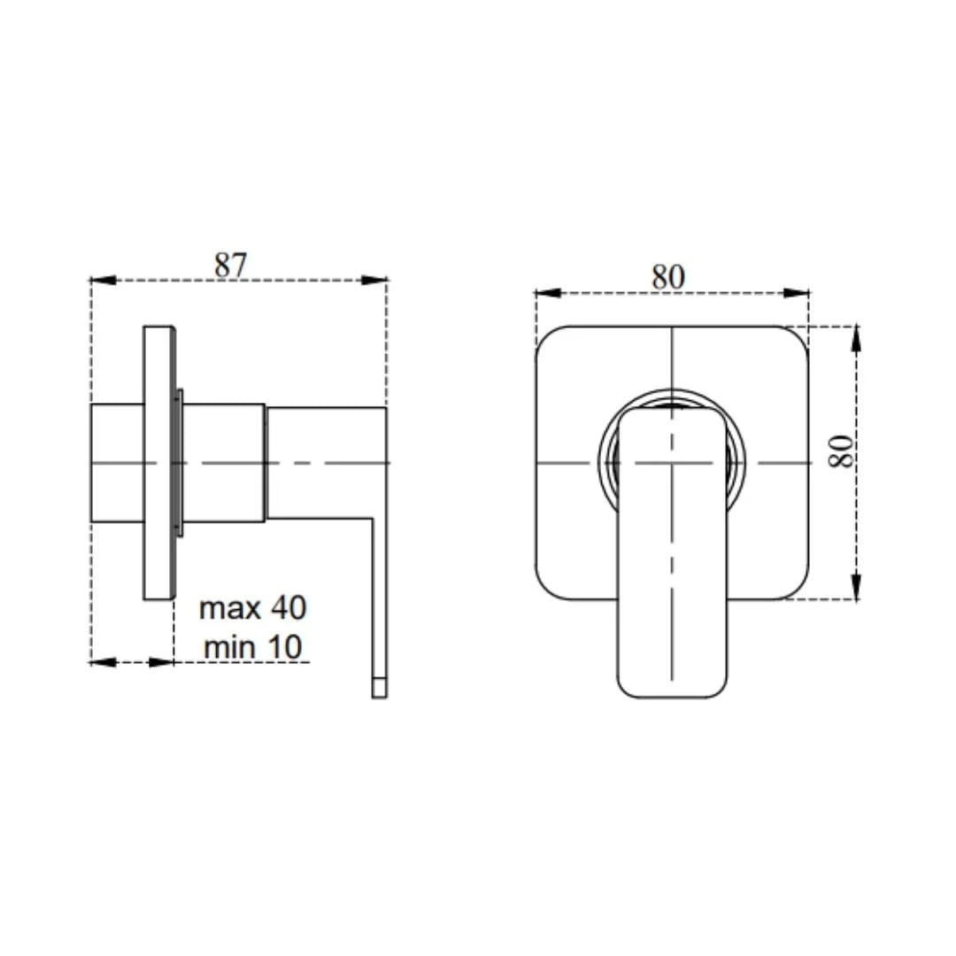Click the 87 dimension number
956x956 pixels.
[x=230, y=266]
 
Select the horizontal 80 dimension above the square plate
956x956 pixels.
[x=668, y=277]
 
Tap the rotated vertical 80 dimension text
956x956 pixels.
[x=842, y=451]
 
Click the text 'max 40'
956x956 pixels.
[x=253, y=608]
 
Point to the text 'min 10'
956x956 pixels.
[x=253, y=646]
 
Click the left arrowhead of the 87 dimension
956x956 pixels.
[x=103, y=281]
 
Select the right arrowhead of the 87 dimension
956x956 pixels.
[x=374, y=281]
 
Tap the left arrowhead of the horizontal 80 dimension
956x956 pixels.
[x=548, y=293]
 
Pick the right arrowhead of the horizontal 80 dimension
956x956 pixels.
[x=797, y=293]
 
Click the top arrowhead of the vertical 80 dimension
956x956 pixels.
[x=856, y=339]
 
